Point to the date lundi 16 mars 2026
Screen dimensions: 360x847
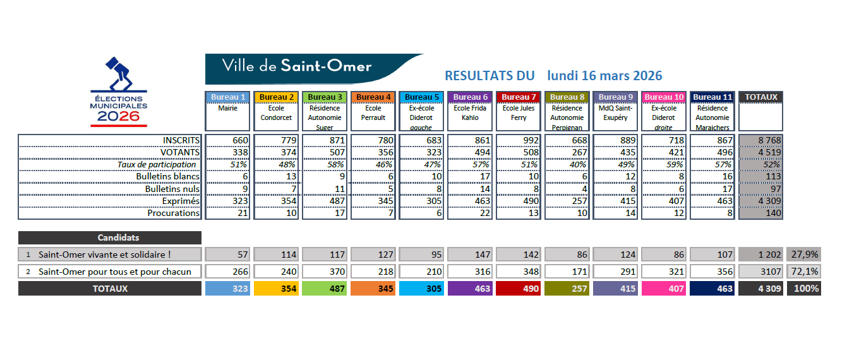[604, 76]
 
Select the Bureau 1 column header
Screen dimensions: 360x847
[228, 97]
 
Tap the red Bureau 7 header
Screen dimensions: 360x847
[519, 97]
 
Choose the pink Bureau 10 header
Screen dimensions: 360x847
[664, 97]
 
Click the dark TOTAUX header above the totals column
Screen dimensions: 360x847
[760, 97]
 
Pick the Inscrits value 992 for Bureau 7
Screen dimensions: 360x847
[519, 140]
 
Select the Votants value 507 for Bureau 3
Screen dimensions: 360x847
[325, 152]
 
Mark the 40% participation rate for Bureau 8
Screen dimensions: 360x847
[567, 164]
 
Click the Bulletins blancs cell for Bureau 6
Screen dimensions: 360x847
[470, 177]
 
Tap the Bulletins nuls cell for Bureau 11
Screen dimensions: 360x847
[712, 189]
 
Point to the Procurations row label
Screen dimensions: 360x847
[173, 213]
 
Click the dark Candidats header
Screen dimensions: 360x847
[110, 238]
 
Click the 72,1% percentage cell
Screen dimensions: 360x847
[804, 272]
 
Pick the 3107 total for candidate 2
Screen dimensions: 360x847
[760, 272]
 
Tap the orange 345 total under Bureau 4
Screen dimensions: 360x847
[373, 289]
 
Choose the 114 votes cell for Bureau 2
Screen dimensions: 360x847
[276, 255]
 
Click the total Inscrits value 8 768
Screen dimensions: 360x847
[760, 140]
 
